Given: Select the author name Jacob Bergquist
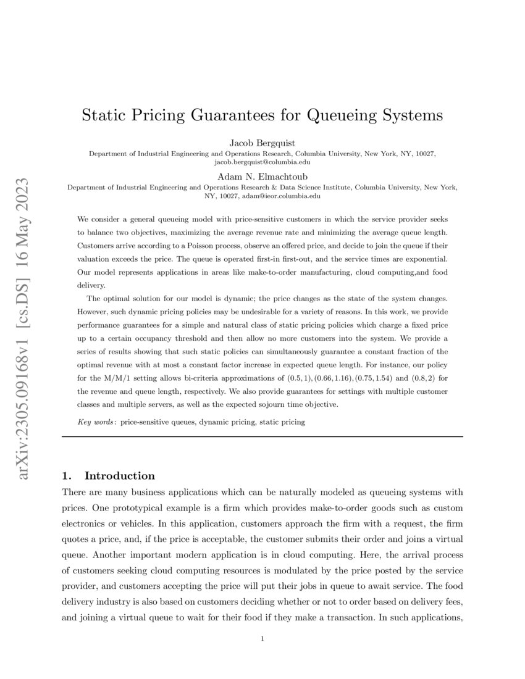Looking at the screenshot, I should [x=262, y=144].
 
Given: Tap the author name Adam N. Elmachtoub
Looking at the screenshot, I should [x=262, y=176].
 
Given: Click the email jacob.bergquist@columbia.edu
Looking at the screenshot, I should [x=262, y=162].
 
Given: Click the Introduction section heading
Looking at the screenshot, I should [x=119, y=476].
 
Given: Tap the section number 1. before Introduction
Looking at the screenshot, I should [x=68, y=476].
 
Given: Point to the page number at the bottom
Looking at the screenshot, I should [x=262, y=639].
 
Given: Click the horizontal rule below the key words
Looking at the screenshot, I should [x=262, y=436].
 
